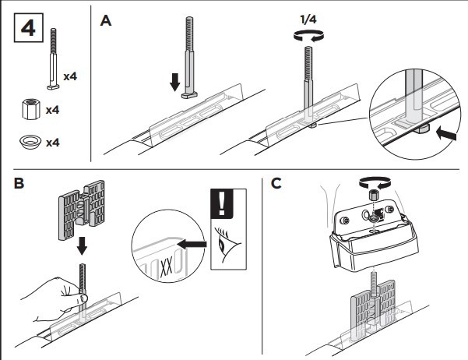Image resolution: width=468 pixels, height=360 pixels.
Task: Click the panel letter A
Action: click(107, 20)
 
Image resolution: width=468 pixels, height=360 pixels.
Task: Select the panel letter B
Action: click(19, 185)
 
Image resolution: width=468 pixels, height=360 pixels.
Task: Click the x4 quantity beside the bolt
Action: click(69, 76)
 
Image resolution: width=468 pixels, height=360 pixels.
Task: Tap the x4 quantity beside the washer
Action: click(53, 143)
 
